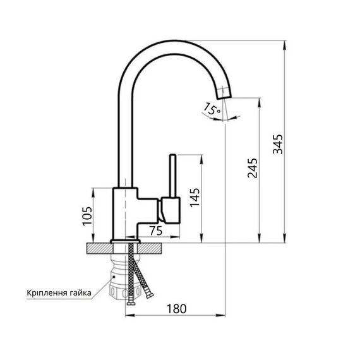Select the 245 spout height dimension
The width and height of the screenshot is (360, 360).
coord(252,168)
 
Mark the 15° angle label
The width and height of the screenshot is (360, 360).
coord(212,109)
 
